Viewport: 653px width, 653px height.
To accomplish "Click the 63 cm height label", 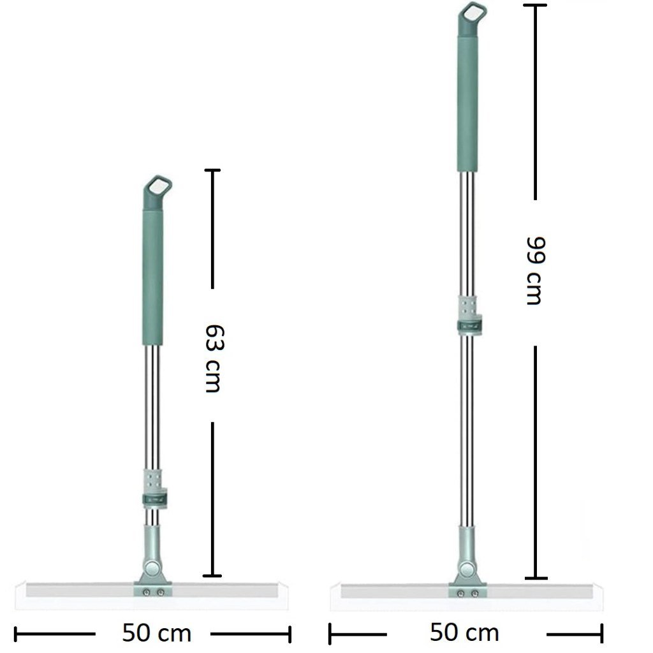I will tap(212, 358).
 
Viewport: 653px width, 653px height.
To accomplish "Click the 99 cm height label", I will tap(534, 271).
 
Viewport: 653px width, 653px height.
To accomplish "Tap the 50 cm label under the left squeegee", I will tap(156, 633).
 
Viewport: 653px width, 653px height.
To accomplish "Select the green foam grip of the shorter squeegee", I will tap(152, 277).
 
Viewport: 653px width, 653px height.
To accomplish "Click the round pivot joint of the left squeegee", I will tap(152, 568).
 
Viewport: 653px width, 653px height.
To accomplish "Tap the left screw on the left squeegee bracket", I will tap(147, 592).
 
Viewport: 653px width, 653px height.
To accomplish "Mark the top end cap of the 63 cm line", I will tap(212, 170).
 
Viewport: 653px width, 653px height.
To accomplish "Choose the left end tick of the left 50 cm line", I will tap(15, 634).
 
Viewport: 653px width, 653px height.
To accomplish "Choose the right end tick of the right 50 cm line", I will tap(601, 634).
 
